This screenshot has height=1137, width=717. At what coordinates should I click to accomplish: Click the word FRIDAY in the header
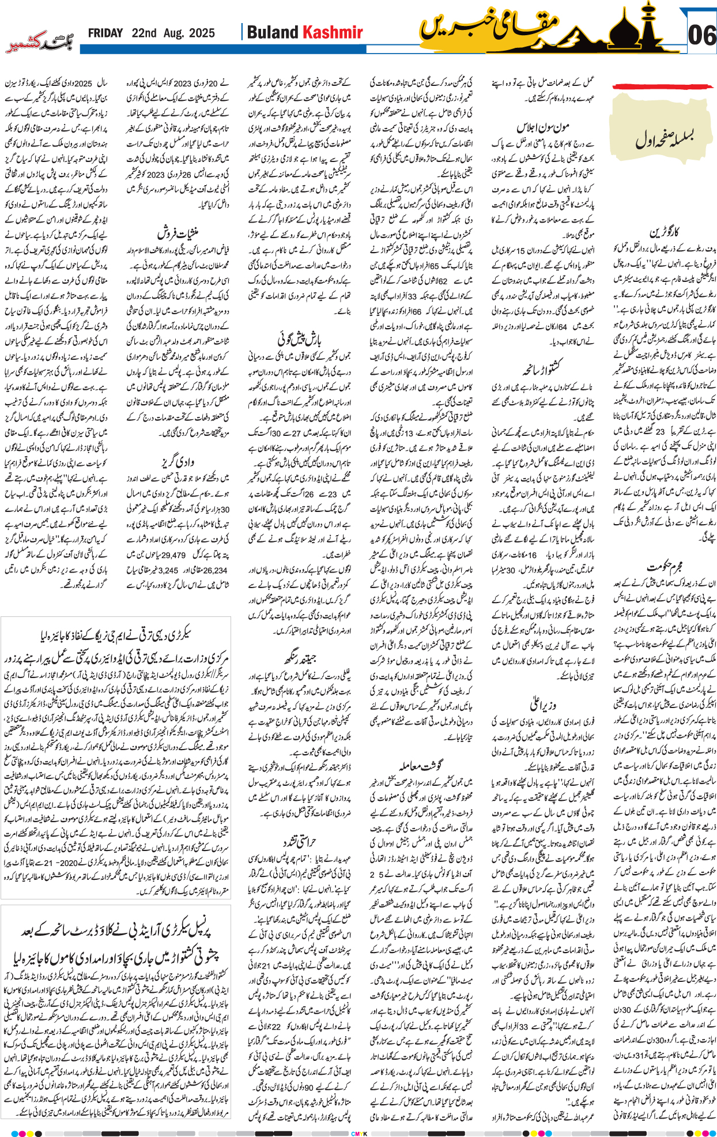click(x=105, y=33)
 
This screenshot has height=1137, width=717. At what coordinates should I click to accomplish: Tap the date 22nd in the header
click(x=144, y=33)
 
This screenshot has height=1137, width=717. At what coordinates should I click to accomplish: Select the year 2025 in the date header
click(x=201, y=33)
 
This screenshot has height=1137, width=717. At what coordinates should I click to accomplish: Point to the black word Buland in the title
click(x=273, y=33)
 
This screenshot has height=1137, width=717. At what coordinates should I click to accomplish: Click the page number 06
click(x=701, y=36)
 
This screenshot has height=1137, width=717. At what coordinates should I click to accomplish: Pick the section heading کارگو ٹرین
click(x=664, y=232)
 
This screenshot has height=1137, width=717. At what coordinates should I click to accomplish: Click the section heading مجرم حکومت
click(x=665, y=567)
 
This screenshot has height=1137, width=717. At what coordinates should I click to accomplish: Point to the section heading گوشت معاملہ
click(x=421, y=766)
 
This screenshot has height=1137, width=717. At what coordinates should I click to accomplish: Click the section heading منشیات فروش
click(x=178, y=234)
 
